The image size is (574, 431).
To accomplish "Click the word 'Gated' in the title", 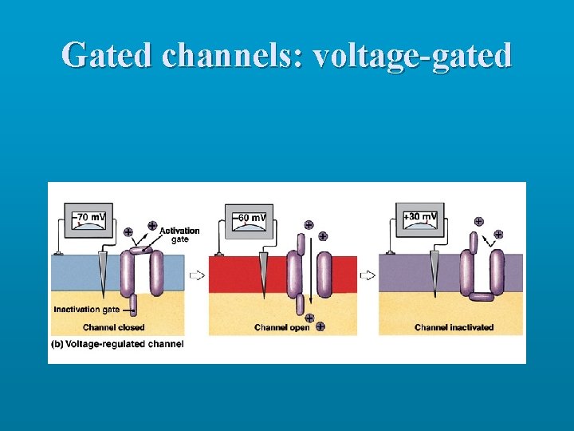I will point(107,56).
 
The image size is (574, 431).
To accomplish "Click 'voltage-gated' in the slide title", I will point(413,56).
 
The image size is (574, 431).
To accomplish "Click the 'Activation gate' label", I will point(179,235).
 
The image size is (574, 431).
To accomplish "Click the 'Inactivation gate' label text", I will point(87,310).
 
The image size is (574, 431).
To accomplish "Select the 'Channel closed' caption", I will point(113,327).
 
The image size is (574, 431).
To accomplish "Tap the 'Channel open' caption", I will point(281,327).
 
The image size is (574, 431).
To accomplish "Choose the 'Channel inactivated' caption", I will point(454,327).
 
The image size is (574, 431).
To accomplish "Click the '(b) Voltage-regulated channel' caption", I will point(117,344).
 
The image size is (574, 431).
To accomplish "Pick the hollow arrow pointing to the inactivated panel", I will point(368,275).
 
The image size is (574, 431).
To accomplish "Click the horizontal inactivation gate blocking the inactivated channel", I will point(481,297).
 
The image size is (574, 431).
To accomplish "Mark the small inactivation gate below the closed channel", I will point(133,304).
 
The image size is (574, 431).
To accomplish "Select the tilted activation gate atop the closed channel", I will point(141,251).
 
